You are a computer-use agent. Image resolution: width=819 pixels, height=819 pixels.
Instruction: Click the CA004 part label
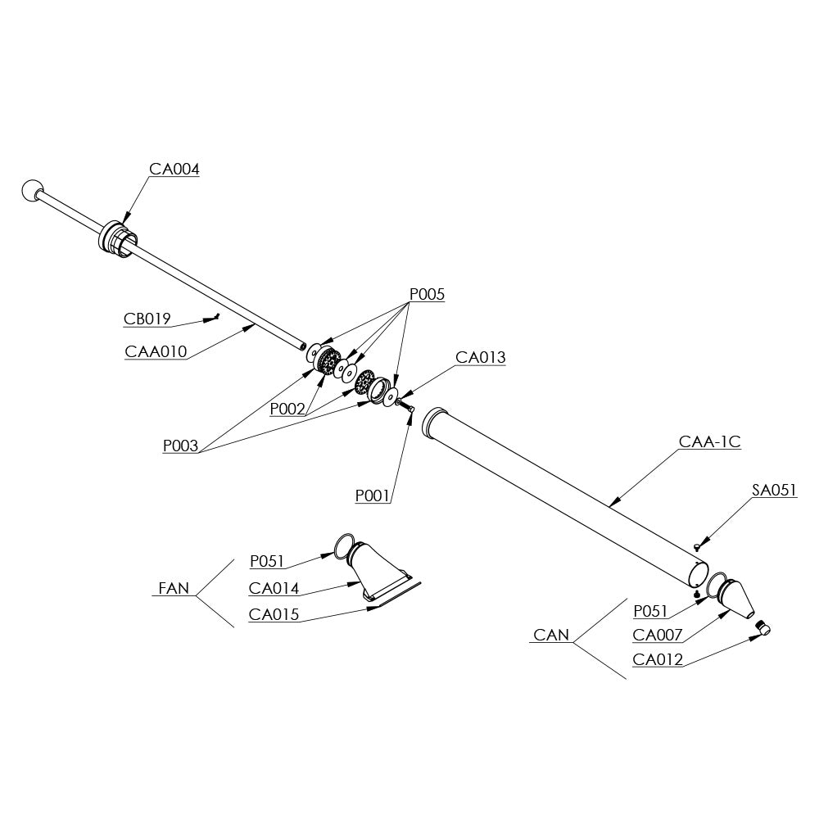pyautogui.click(x=174, y=170)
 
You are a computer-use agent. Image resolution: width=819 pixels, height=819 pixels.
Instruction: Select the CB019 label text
pyautogui.click(x=147, y=319)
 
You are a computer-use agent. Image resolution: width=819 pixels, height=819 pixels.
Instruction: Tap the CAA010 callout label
pyautogui.click(x=156, y=352)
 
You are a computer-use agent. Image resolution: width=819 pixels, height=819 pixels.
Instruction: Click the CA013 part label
pyautogui.click(x=481, y=357)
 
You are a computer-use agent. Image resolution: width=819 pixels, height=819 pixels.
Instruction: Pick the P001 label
pyautogui.click(x=373, y=495)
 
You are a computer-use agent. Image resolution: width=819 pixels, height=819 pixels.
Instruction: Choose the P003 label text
pyautogui.click(x=181, y=446)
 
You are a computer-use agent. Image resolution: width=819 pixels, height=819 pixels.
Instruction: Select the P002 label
pyautogui.click(x=288, y=409)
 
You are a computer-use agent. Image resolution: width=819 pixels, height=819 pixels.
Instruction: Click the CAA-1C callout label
pyautogui.click(x=710, y=441)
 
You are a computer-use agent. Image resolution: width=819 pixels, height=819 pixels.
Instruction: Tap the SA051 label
pyautogui.click(x=774, y=491)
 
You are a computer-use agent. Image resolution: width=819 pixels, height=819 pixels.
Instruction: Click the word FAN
pyautogui.click(x=173, y=588)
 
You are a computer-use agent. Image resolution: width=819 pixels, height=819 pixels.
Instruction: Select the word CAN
pyautogui.click(x=551, y=635)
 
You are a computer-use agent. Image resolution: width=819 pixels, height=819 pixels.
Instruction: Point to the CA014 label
pyautogui.click(x=274, y=588)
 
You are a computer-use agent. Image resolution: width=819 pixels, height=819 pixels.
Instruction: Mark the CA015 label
pyautogui.click(x=274, y=614)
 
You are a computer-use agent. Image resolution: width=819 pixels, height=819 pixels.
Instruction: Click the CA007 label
pyautogui.click(x=658, y=635)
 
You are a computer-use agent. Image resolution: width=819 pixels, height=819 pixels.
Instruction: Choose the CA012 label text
pyautogui.click(x=658, y=659)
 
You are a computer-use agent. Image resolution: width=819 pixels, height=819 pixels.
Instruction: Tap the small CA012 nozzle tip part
pyautogui.click(x=763, y=628)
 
